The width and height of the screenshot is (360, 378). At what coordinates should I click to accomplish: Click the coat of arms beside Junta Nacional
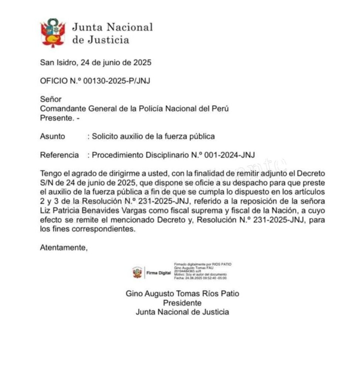[x=53, y=33]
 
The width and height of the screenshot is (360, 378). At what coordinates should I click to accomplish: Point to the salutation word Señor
[x=51, y=99]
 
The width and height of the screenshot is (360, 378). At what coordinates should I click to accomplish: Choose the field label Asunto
[x=52, y=136]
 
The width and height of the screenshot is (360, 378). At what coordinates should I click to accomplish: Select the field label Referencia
[x=59, y=155]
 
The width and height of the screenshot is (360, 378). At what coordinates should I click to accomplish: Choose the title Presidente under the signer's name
[x=183, y=303]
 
